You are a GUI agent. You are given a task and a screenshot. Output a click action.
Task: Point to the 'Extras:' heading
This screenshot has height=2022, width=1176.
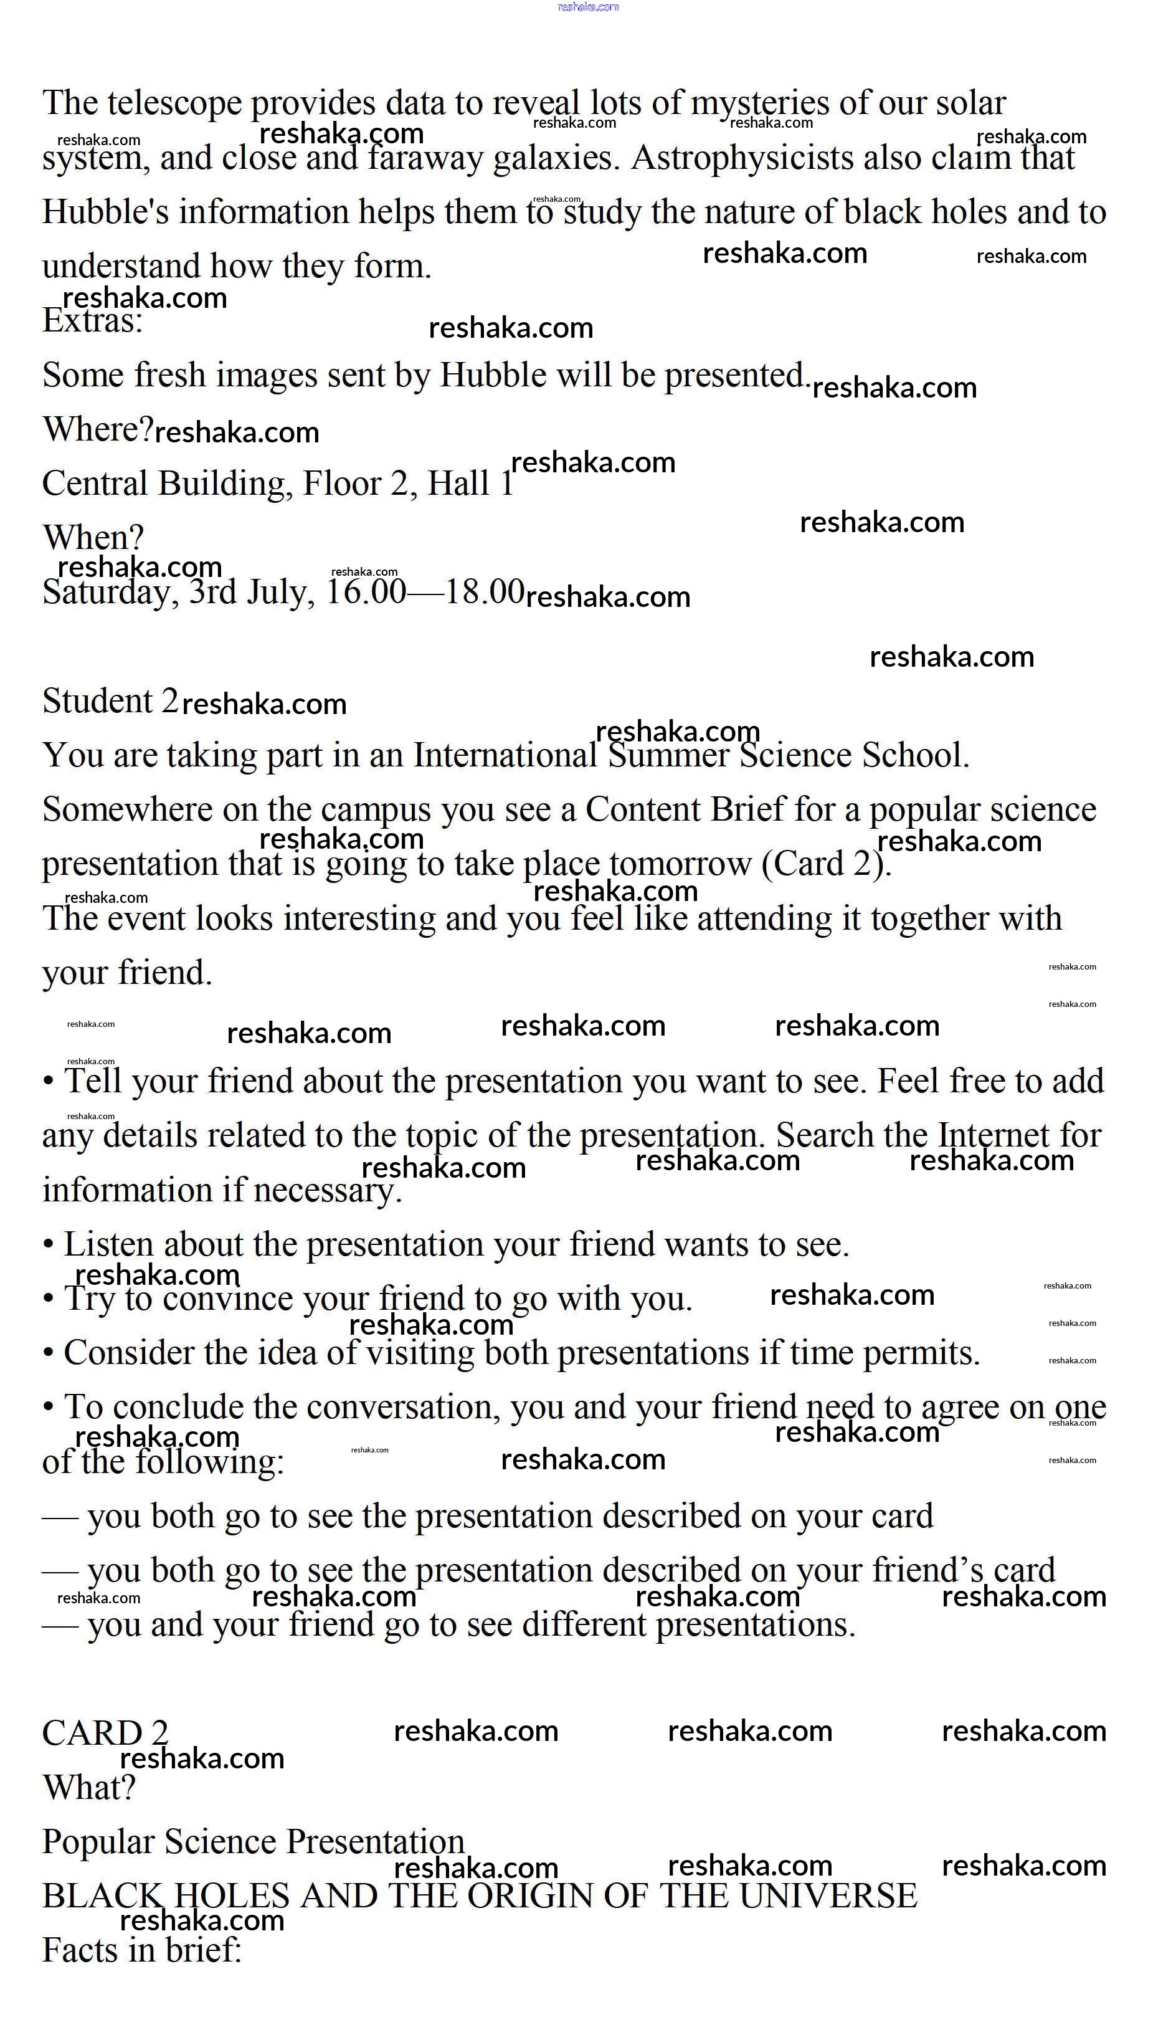tap(92, 321)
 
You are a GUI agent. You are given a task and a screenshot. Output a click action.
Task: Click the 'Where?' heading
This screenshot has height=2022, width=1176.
tap(97, 429)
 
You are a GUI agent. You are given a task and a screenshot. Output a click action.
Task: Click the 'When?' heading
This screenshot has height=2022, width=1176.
tap(93, 538)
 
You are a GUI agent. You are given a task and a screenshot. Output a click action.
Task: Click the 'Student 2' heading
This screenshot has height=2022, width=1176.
tap(110, 701)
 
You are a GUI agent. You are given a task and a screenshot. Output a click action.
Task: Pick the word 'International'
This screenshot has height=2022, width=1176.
tap(505, 756)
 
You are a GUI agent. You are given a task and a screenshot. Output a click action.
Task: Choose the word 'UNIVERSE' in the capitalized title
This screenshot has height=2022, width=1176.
tap(828, 1897)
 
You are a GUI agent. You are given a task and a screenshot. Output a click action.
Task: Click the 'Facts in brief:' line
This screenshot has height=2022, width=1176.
tap(141, 1950)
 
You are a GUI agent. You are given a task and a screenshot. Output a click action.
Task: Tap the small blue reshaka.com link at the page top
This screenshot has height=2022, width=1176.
tap(588, 6)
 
